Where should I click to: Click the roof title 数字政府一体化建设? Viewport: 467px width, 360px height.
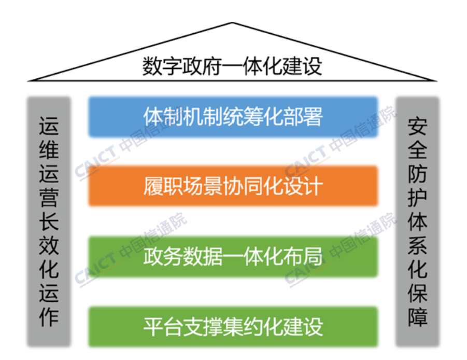[x=232, y=66]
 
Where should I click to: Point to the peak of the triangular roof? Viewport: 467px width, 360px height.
[x=232, y=22]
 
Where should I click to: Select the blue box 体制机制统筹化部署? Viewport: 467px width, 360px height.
[x=233, y=117]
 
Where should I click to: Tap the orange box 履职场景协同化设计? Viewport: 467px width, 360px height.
[x=233, y=186]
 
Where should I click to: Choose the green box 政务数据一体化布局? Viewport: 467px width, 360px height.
[x=233, y=256]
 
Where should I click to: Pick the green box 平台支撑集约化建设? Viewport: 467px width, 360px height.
[x=233, y=327]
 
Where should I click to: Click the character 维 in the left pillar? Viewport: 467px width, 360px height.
[x=49, y=149]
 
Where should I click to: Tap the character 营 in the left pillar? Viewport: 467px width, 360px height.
[x=49, y=197]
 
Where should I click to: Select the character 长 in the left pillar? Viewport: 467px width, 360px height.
[x=49, y=221]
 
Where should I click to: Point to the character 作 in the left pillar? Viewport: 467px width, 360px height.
[x=49, y=317]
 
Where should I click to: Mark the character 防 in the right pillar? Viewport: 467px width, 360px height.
[x=418, y=173]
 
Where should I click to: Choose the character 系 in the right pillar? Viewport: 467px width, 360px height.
[x=418, y=245]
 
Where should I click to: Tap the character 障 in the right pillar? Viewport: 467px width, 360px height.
[x=418, y=317]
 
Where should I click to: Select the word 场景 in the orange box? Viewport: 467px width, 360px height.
[x=203, y=186]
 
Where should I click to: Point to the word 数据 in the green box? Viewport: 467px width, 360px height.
[x=203, y=256]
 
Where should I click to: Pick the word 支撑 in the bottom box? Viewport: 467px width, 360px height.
[x=203, y=327]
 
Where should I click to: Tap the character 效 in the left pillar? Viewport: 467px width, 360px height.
[x=49, y=245]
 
